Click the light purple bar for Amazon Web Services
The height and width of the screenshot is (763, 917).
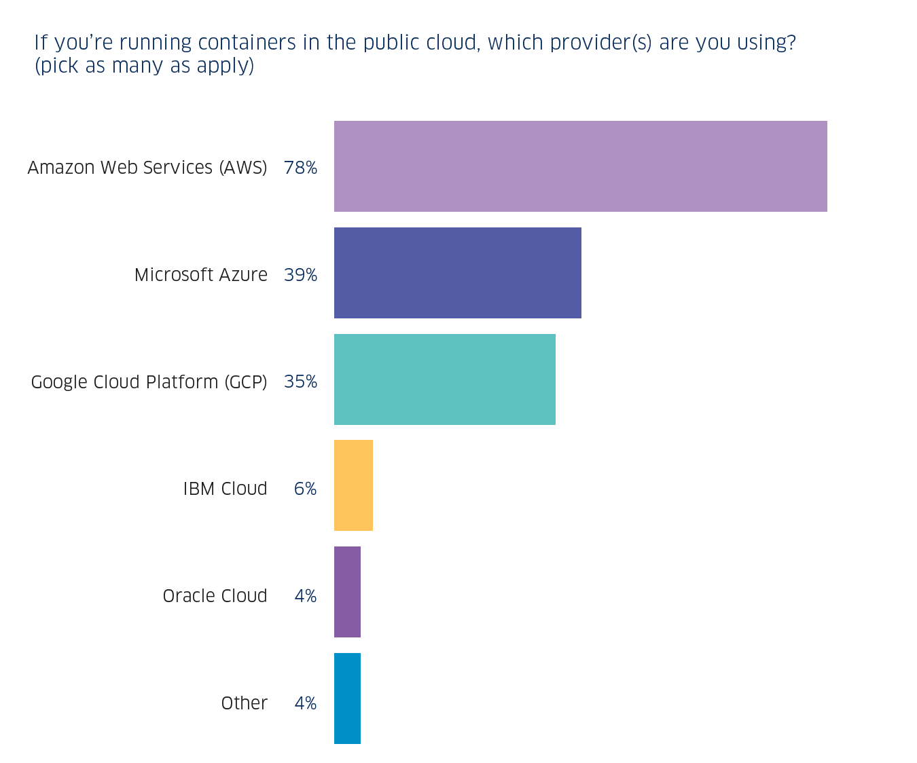580,166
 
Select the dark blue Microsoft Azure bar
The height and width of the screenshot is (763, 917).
457,273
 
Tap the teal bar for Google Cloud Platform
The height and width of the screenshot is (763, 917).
444,379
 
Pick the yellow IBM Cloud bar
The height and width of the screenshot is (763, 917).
353,485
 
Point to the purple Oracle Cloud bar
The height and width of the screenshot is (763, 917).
347,592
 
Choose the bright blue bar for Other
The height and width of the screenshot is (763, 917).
347,699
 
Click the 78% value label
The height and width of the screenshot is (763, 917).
300,168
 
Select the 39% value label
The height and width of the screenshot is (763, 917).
300,275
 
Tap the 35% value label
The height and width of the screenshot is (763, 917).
300,381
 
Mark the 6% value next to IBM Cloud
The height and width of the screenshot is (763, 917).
305,489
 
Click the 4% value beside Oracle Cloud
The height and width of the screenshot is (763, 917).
305,596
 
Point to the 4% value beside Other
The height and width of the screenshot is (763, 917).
305,703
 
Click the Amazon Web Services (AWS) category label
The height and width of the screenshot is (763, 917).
147,168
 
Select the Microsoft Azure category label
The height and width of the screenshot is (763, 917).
200,275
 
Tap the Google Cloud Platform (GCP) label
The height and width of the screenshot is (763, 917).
149,382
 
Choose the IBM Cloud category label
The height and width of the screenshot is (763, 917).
225,489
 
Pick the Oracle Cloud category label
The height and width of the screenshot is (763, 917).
215,596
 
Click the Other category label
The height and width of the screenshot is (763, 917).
244,703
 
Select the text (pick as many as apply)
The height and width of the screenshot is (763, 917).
144,66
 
